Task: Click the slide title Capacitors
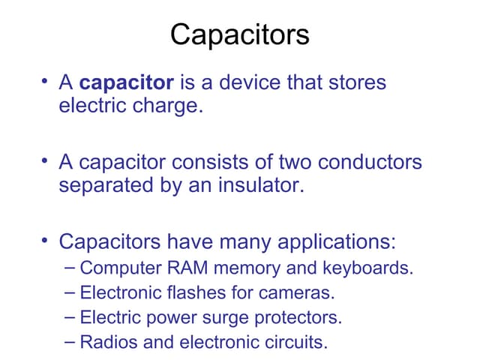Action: click(x=239, y=35)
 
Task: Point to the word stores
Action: click(x=356, y=82)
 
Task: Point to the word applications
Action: click(x=337, y=241)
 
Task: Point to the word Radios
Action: click(x=105, y=343)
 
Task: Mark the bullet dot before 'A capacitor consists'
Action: click(x=46, y=160)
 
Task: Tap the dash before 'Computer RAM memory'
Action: click(x=70, y=267)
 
